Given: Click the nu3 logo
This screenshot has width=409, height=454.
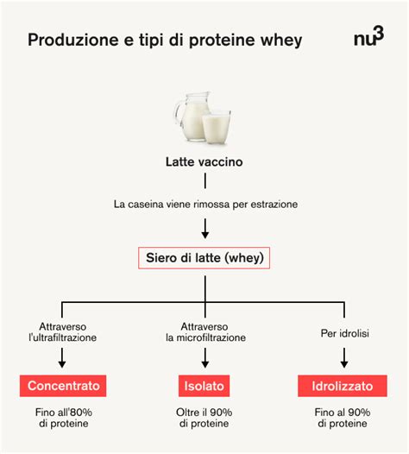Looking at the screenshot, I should point(368,39).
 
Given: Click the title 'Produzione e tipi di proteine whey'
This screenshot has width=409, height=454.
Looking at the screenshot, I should point(165,41).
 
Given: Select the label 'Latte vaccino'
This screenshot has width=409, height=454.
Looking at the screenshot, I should point(204,161).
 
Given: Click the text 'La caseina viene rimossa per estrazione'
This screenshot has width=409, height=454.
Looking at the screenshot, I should point(204,205).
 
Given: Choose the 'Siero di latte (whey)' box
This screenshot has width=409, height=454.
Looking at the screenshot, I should point(204,257).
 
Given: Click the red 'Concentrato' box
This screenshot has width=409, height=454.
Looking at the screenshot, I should point(64,385).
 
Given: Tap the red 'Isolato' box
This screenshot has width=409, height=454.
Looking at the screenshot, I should point(204,385).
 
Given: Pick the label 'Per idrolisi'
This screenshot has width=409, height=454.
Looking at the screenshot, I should point(344,332).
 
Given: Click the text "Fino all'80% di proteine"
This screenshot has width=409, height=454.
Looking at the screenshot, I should point(64,418).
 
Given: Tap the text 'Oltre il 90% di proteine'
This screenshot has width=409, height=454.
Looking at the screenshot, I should point(204,418).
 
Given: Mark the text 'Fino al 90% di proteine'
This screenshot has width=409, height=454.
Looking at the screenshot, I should point(344,418).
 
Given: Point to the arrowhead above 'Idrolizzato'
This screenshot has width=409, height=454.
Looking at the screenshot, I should point(344,363).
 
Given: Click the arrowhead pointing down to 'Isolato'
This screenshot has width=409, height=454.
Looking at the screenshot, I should point(204,363).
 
